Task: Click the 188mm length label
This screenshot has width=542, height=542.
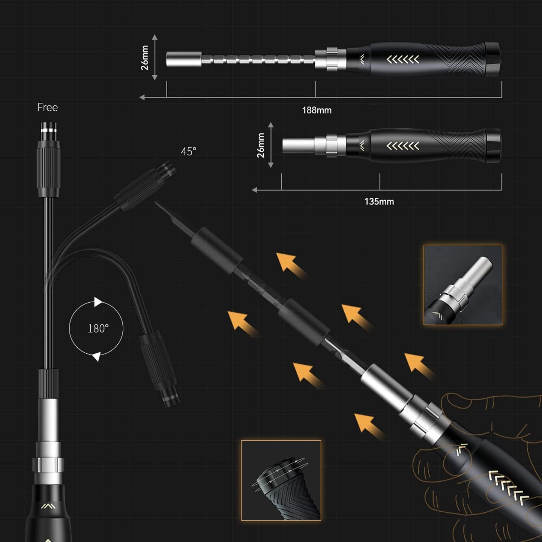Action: (317, 110)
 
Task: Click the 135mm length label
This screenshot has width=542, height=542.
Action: (379, 201)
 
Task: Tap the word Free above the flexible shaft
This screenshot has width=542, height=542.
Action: (48, 108)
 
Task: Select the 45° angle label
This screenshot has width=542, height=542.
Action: (188, 152)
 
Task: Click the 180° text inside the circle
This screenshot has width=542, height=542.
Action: (98, 329)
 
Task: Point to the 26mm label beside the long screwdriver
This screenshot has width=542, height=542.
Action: (145, 58)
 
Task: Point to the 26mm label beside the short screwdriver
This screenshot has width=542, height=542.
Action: (261, 145)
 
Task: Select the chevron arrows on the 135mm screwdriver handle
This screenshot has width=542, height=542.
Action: (403, 146)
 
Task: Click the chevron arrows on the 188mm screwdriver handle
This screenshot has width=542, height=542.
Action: (403, 59)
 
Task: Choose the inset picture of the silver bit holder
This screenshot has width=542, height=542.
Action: (463, 285)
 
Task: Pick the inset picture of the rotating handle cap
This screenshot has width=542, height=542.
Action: (281, 480)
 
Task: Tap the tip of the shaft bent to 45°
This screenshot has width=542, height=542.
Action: (169, 167)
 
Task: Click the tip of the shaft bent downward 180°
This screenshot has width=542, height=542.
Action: (171, 399)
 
